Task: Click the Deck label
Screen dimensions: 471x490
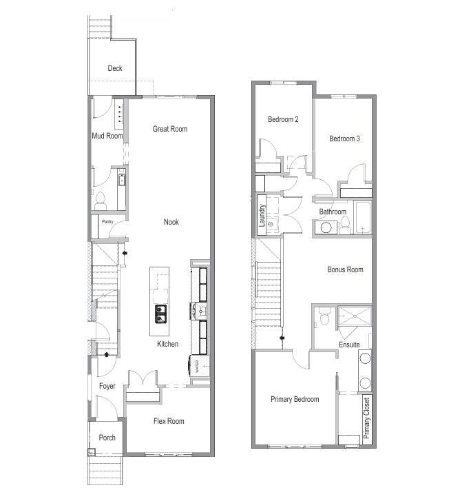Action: pos(115,68)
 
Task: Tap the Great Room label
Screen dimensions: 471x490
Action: pos(170,129)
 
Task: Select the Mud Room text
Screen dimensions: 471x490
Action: pos(107,136)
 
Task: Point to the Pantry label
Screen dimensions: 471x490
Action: pos(107,221)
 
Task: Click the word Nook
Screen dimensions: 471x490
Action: pos(171,222)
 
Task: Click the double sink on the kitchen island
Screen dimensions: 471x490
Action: pos(161,314)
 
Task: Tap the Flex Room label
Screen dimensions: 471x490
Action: pos(169,421)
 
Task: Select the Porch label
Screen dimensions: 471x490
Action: pos(107,438)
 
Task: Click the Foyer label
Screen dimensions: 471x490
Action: pos(107,386)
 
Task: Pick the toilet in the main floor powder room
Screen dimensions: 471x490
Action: pos(101,201)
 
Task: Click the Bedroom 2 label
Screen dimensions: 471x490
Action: pos(283,119)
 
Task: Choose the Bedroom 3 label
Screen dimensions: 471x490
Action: pos(344,139)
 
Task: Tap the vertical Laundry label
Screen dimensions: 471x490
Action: pos(262,215)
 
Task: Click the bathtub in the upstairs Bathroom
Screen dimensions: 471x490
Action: pos(362,217)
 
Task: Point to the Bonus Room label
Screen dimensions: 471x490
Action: pos(345,269)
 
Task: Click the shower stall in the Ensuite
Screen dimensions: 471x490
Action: pos(355,316)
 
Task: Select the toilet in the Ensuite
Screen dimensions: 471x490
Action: pos(324,316)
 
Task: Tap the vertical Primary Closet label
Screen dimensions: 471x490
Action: pos(367,418)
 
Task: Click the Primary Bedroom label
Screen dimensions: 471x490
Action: pos(295,399)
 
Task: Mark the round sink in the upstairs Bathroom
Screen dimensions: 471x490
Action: pos(326,227)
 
